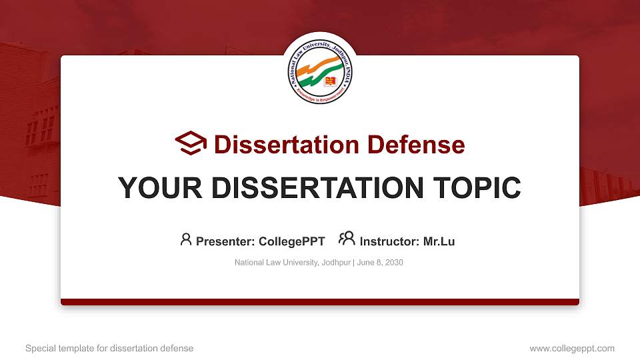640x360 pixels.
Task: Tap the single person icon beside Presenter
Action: (x=186, y=239)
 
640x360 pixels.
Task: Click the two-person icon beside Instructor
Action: (x=347, y=239)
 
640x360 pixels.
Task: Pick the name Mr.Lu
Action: (x=439, y=241)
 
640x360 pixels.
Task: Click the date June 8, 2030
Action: (x=380, y=263)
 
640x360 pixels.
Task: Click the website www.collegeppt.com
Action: (x=571, y=348)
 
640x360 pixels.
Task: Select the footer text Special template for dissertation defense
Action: (x=109, y=348)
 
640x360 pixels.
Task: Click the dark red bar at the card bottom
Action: (x=320, y=302)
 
